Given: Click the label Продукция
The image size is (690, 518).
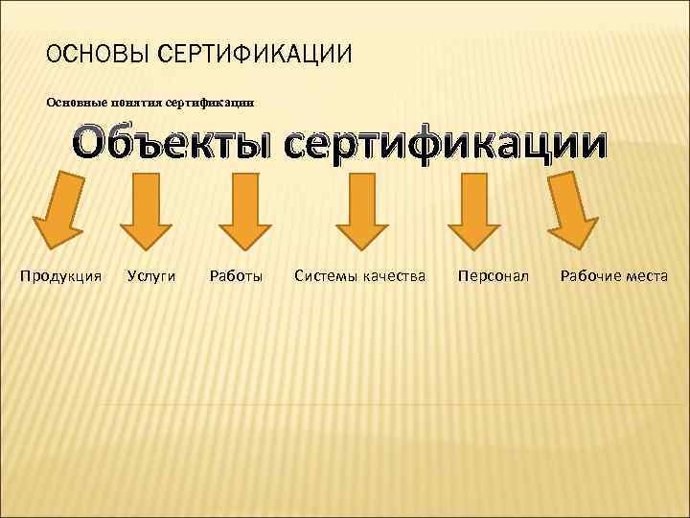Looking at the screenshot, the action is click(61, 276).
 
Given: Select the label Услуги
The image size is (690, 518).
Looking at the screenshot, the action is click(151, 276).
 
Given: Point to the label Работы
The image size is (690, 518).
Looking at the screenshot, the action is click(236, 276).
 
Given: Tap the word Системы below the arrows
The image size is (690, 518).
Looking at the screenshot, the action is click(325, 276).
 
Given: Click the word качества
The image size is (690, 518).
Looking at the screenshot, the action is click(393, 276).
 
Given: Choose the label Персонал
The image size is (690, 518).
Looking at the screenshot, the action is click(494, 276).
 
